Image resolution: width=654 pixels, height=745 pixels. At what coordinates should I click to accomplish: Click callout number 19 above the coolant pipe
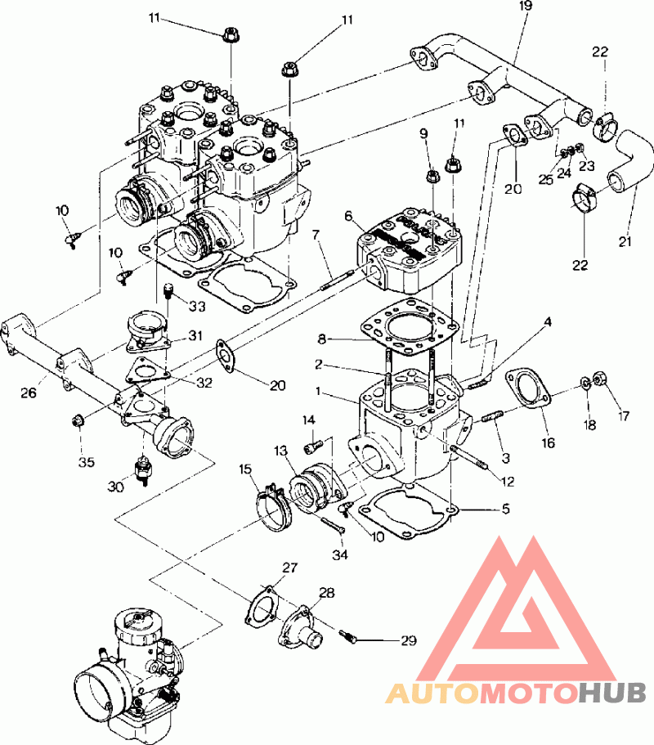click(526, 7)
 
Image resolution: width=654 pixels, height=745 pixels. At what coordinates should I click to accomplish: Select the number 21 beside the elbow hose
click(625, 241)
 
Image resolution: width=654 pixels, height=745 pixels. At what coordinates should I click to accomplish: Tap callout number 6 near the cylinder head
click(348, 217)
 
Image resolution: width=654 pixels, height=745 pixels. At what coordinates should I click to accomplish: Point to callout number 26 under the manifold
click(29, 393)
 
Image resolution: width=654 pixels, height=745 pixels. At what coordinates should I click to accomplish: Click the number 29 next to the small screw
click(409, 640)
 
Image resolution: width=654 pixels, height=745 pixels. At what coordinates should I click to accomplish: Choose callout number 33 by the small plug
click(197, 307)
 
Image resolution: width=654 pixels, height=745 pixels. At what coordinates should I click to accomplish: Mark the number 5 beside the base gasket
click(506, 509)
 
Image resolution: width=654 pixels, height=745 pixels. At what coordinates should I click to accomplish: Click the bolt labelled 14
click(313, 447)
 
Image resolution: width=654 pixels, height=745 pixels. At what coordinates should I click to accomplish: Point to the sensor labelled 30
click(143, 470)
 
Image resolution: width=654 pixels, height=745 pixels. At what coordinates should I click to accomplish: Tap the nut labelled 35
click(77, 420)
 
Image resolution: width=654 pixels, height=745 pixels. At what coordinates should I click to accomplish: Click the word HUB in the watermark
click(612, 692)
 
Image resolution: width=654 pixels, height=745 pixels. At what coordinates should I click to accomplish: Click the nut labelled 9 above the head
click(432, 177)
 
